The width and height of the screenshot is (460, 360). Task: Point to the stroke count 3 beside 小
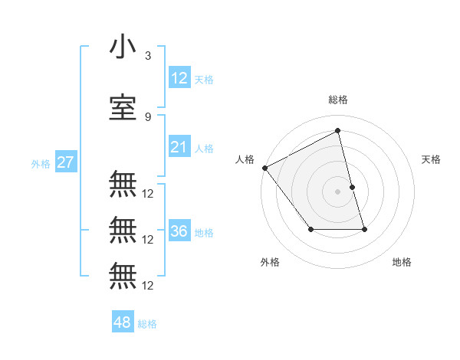[x=148, y=56]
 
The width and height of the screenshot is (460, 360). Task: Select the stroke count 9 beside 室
[x=148, y=116]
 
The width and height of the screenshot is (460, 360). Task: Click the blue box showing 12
[x=179, y=77]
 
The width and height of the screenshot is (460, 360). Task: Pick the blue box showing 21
[x=179, y=147]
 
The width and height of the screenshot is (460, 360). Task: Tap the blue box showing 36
[x=179, y=231]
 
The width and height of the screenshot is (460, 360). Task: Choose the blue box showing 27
[x=65, y=162]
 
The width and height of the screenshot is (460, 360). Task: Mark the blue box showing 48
[x=123, y=322]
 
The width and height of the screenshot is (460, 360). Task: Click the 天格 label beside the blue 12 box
[x=204, y=79]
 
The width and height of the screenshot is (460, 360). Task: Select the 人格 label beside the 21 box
[x=204, y=149]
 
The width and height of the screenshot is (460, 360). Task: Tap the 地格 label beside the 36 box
[x=204, y=233]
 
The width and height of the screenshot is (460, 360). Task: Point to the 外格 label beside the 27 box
[x=41, y=164]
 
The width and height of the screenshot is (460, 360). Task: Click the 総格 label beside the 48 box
[x=147, y=324]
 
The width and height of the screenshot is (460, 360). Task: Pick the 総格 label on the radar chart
[x=338, y=100]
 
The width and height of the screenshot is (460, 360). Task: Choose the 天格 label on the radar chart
[x=432, y=159]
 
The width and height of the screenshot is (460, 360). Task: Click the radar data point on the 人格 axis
[x=264, y=168]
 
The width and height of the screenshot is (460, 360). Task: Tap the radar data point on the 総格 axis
[x=338, y=131]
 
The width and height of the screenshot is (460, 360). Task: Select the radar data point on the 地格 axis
[x=364, y=229]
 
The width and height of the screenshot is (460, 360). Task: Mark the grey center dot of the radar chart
[x=338, y=191]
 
